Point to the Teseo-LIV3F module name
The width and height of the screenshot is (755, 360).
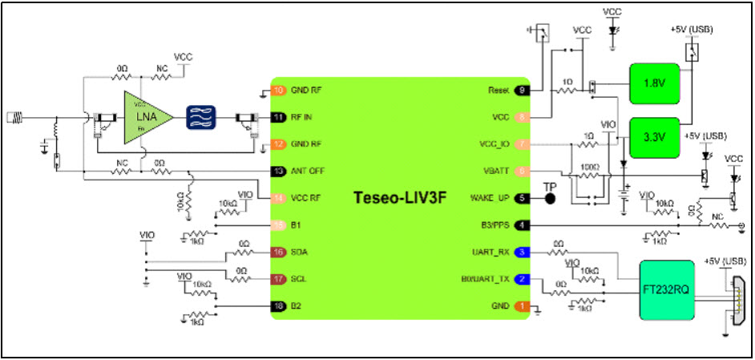tap(401, 197)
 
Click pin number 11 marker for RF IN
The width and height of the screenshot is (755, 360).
tap(278, 117)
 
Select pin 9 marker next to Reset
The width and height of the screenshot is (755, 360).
tap(522, 90)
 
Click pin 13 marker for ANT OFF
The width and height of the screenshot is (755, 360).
tap(278, 171)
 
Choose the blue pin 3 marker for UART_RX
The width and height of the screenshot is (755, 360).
tap(522, 252)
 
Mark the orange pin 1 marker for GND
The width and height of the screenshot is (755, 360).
tap(522, 305)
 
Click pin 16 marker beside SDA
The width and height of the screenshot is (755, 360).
tap(278, 252)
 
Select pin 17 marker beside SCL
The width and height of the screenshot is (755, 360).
tap(278, 279)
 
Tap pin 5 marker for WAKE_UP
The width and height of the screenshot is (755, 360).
tap(522, 198)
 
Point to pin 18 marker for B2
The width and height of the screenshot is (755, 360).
tap(278, 305)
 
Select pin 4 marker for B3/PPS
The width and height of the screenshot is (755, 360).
tap(522, 225)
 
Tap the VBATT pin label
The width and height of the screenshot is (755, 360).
tap(495, 171)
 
